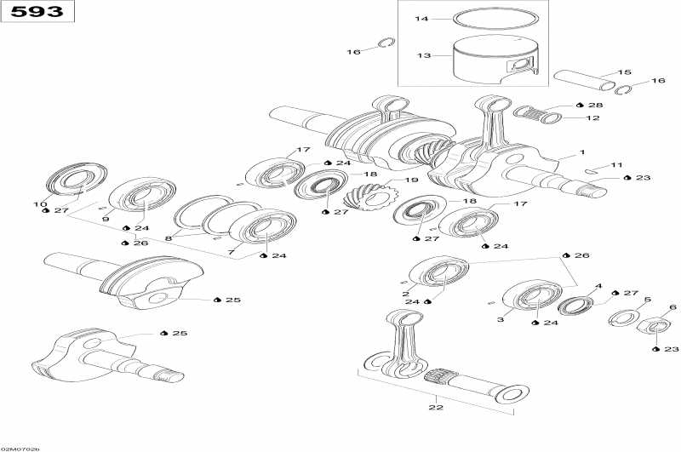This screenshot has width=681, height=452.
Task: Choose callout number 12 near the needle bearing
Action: click(592, 117)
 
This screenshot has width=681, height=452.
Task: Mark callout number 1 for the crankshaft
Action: click(582, 152)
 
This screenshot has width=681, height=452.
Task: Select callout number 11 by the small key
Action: click(617, 164)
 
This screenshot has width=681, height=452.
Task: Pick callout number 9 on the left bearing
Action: click(106, 219)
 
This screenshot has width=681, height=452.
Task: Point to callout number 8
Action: click(169, 239)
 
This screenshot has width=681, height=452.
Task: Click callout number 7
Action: click(230, 253)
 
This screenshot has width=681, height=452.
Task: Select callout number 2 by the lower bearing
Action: click(406, 294)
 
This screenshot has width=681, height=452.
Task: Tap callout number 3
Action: click(501, 319)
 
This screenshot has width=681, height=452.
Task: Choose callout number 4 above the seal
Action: click(598, 287)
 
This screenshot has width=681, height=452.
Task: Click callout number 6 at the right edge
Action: click(672, 307)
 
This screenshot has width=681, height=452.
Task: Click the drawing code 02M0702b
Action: click(21, 448)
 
